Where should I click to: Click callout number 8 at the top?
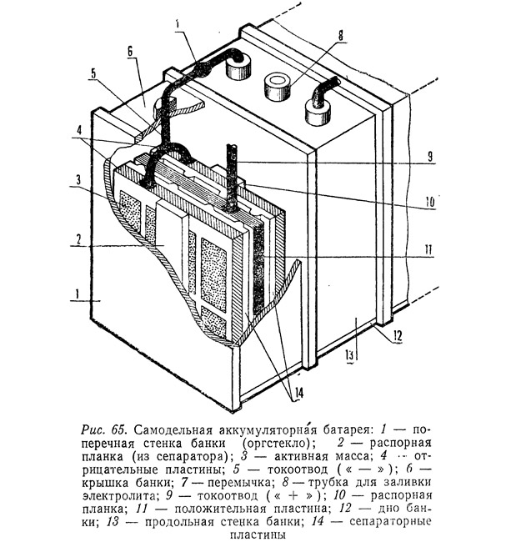[x=340, y=35]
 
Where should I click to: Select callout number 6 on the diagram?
[x=130, y=52]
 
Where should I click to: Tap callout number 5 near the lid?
[x=94, y=73]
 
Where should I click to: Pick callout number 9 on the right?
[x=430, y=157]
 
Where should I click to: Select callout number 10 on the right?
[x=430, y=203]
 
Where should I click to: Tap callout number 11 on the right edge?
[x=428, y=250]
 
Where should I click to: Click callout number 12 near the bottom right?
[x=397, y=335]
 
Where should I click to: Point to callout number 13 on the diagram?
[x=349, y=355]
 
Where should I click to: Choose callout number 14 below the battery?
[x=298, y=393]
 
